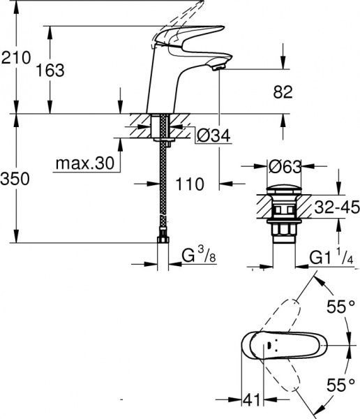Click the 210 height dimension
click(x=15, y=58)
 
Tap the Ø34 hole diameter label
click(x=213, y=135)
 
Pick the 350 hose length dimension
click(x=15, y=179)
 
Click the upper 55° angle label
click(x=341, y=306)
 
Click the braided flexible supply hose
click(x=165, y=189)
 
